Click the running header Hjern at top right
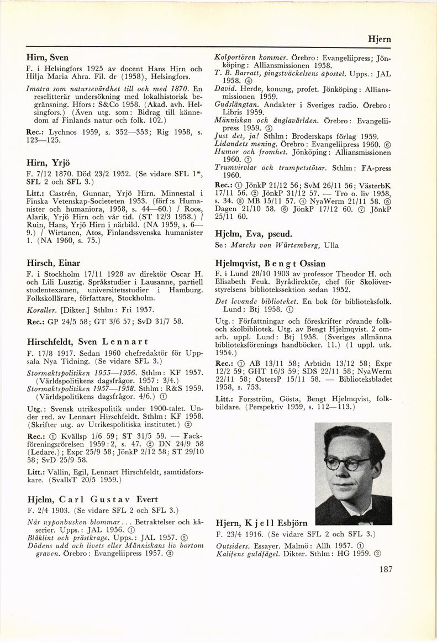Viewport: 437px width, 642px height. point(380,39)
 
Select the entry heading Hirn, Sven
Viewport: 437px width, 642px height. point(48,57)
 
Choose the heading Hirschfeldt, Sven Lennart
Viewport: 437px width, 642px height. point(87,341)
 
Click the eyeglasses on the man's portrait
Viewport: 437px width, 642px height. point(348,463)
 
